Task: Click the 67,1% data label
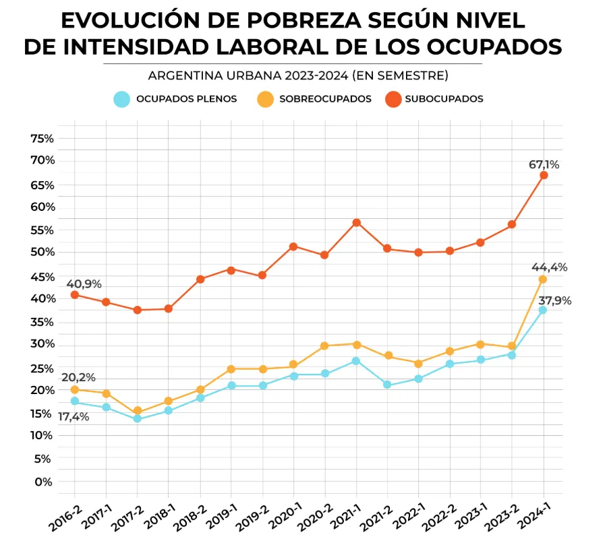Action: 544,164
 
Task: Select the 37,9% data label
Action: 554,300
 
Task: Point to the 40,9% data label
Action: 84,284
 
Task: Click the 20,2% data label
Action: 78,377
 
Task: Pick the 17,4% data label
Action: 73,418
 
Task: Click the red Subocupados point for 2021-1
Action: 356,223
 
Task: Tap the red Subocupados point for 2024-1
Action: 544,175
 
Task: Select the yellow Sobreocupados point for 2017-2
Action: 137,411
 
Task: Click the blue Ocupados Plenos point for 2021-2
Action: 387,385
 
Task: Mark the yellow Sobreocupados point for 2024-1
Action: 543,279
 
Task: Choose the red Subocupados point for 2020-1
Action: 293,247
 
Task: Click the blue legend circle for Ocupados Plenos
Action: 121,99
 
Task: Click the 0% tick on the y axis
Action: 43,482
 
